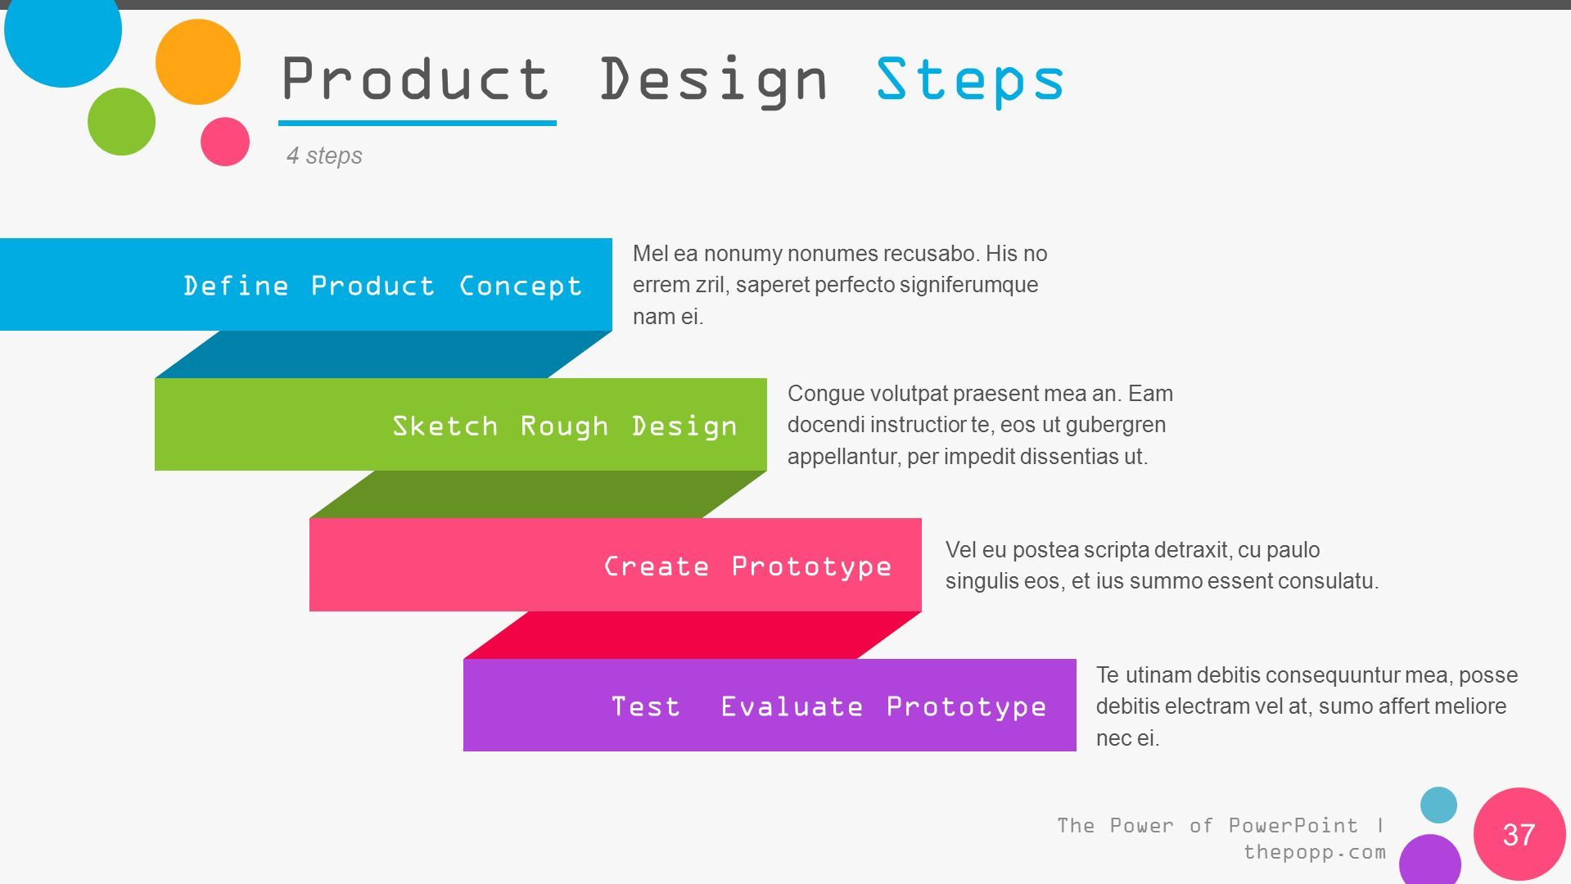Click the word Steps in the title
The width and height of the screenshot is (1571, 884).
(970, 81)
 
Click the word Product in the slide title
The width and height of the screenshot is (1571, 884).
(415, 79)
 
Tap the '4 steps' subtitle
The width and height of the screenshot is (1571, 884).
(324, 156)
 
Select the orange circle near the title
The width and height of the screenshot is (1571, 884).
(198, 62)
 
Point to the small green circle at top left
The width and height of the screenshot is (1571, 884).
(121, 122)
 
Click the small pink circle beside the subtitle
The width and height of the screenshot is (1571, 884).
(225, 142)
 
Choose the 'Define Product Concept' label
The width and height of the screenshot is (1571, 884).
(382, 286)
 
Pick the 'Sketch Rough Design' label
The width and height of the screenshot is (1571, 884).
(565, 426)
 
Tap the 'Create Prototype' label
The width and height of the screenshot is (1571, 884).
(747, 566)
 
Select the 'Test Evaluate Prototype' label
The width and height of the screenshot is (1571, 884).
(828, 706)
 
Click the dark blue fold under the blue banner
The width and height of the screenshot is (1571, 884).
(383, 354)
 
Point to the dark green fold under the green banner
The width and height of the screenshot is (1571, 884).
(538, 494)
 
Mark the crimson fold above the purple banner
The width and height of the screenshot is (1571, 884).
(693, 635)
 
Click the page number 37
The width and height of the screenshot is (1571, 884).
(1519, 835)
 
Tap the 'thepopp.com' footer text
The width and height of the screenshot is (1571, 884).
(1315, 852)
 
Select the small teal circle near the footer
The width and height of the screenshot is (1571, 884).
(1438, 805)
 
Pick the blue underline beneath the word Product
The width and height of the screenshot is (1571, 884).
(418, 124)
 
